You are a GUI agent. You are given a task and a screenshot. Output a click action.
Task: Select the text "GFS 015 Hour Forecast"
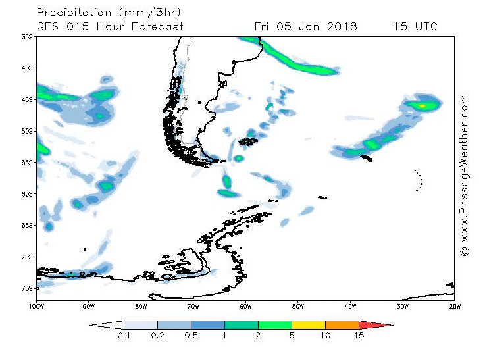tap(110, 26)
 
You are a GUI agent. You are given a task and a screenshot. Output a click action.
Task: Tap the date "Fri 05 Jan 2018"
tap(305, 26)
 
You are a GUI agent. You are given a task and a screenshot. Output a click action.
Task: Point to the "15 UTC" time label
tap(415, 26)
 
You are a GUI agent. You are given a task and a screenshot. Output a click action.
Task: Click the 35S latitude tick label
tap(27, 37)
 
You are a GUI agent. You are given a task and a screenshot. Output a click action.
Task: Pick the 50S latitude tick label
tap(27, 131)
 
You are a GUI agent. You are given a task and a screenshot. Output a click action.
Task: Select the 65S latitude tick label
tap(27, 225)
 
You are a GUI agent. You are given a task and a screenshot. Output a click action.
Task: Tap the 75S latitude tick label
tap(27, 288)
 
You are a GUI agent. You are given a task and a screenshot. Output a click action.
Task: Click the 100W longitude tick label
tap(36, 306)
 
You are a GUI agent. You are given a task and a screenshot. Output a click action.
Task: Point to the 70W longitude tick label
tap(193, 306)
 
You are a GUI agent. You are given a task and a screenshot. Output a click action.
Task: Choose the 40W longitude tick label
tap(350, 306)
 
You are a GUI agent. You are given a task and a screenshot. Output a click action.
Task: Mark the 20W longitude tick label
tap(454, 306)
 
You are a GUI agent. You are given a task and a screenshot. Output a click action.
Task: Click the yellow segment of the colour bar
tap(309, 324)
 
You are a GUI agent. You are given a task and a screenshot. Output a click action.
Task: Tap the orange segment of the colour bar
tap(342, 324)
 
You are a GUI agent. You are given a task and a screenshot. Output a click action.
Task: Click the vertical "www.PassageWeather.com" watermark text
tap(465, 174)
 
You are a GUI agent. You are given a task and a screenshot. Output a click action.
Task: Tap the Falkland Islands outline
tap(248, 141)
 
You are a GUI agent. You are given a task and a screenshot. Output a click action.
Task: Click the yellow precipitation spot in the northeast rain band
tap(422, 105)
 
